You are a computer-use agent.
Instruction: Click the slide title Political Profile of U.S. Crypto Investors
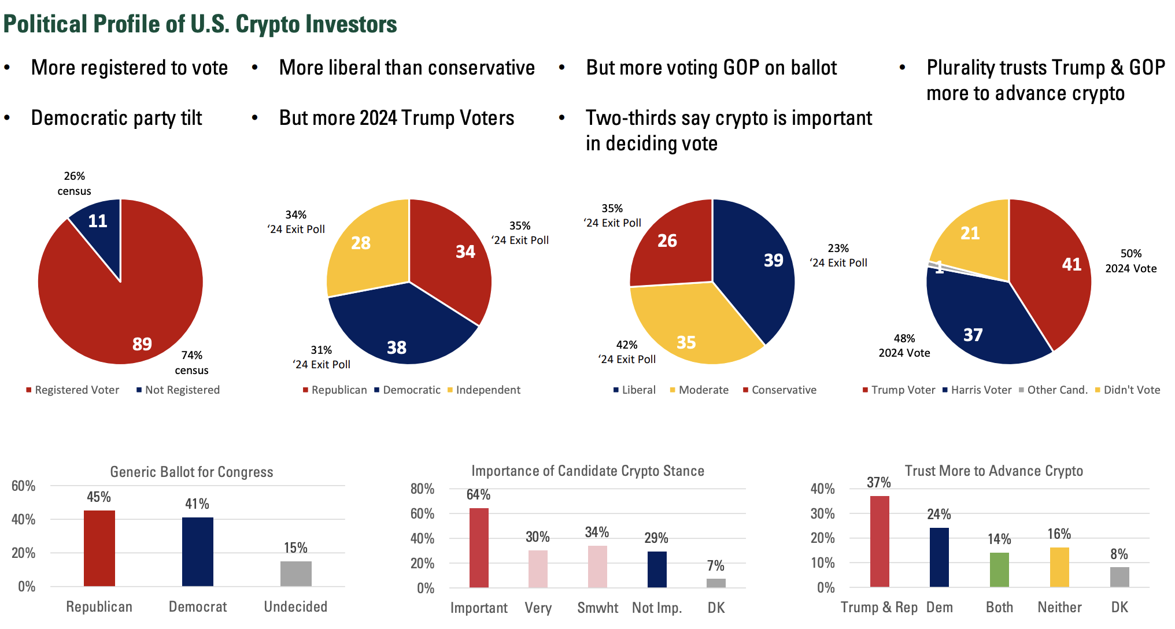coord(200,24)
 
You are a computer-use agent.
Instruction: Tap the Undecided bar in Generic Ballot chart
coord(295,573)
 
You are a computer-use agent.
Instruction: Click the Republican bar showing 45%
coord(99,548)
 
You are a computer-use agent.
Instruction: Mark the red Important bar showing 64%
coord(479,547)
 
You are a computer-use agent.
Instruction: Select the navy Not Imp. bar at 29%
coord(657,569)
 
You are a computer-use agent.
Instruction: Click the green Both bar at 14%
coord(999,569)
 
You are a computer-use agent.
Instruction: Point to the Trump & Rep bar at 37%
coord(880,541)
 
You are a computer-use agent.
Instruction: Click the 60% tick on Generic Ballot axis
coord(23,486)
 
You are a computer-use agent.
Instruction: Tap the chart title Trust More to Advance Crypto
coord(993,471)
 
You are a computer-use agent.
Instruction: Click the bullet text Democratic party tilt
coord(116,118)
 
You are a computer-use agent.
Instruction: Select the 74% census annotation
coord(191,362)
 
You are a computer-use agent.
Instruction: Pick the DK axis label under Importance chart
coord(716,608)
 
